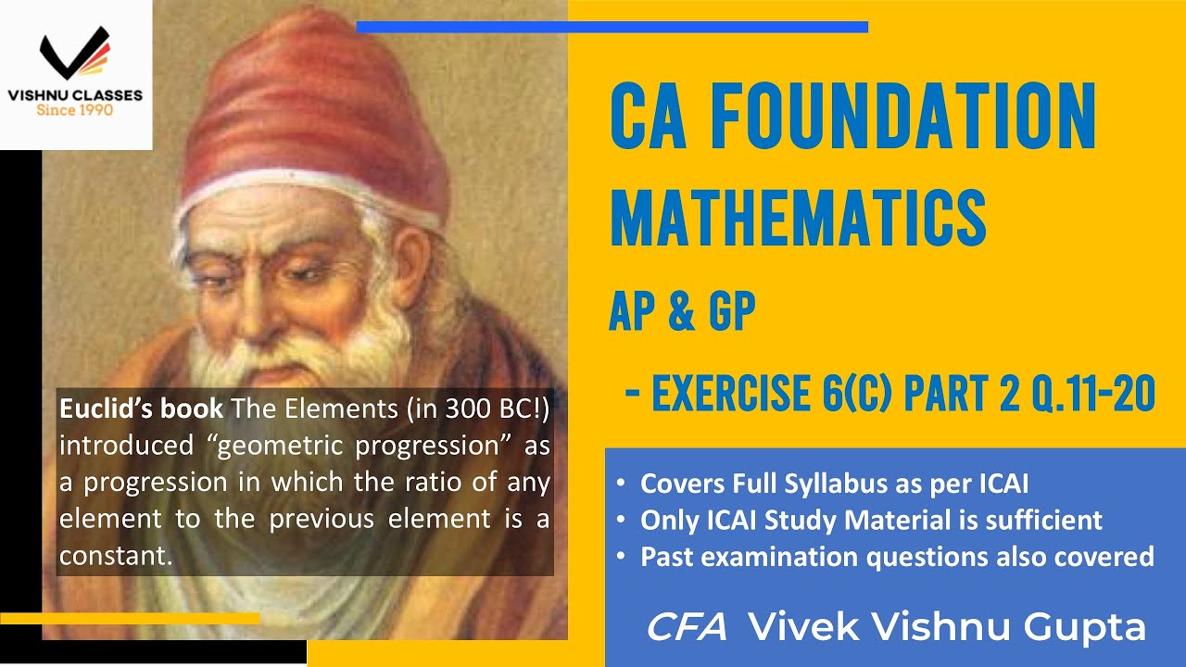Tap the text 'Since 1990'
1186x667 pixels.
coord(75,109)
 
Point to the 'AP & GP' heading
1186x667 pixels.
coord(682,313)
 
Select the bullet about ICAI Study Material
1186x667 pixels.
coord(871,520)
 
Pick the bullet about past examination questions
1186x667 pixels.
coord(897,556)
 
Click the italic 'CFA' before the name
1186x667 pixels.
coord(687,627)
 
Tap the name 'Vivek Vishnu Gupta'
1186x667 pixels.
coord(946,627)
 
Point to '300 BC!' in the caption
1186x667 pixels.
coord(495,408)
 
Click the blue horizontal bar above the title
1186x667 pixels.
coord(612,27)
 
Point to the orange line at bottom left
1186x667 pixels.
coord(130,618)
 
